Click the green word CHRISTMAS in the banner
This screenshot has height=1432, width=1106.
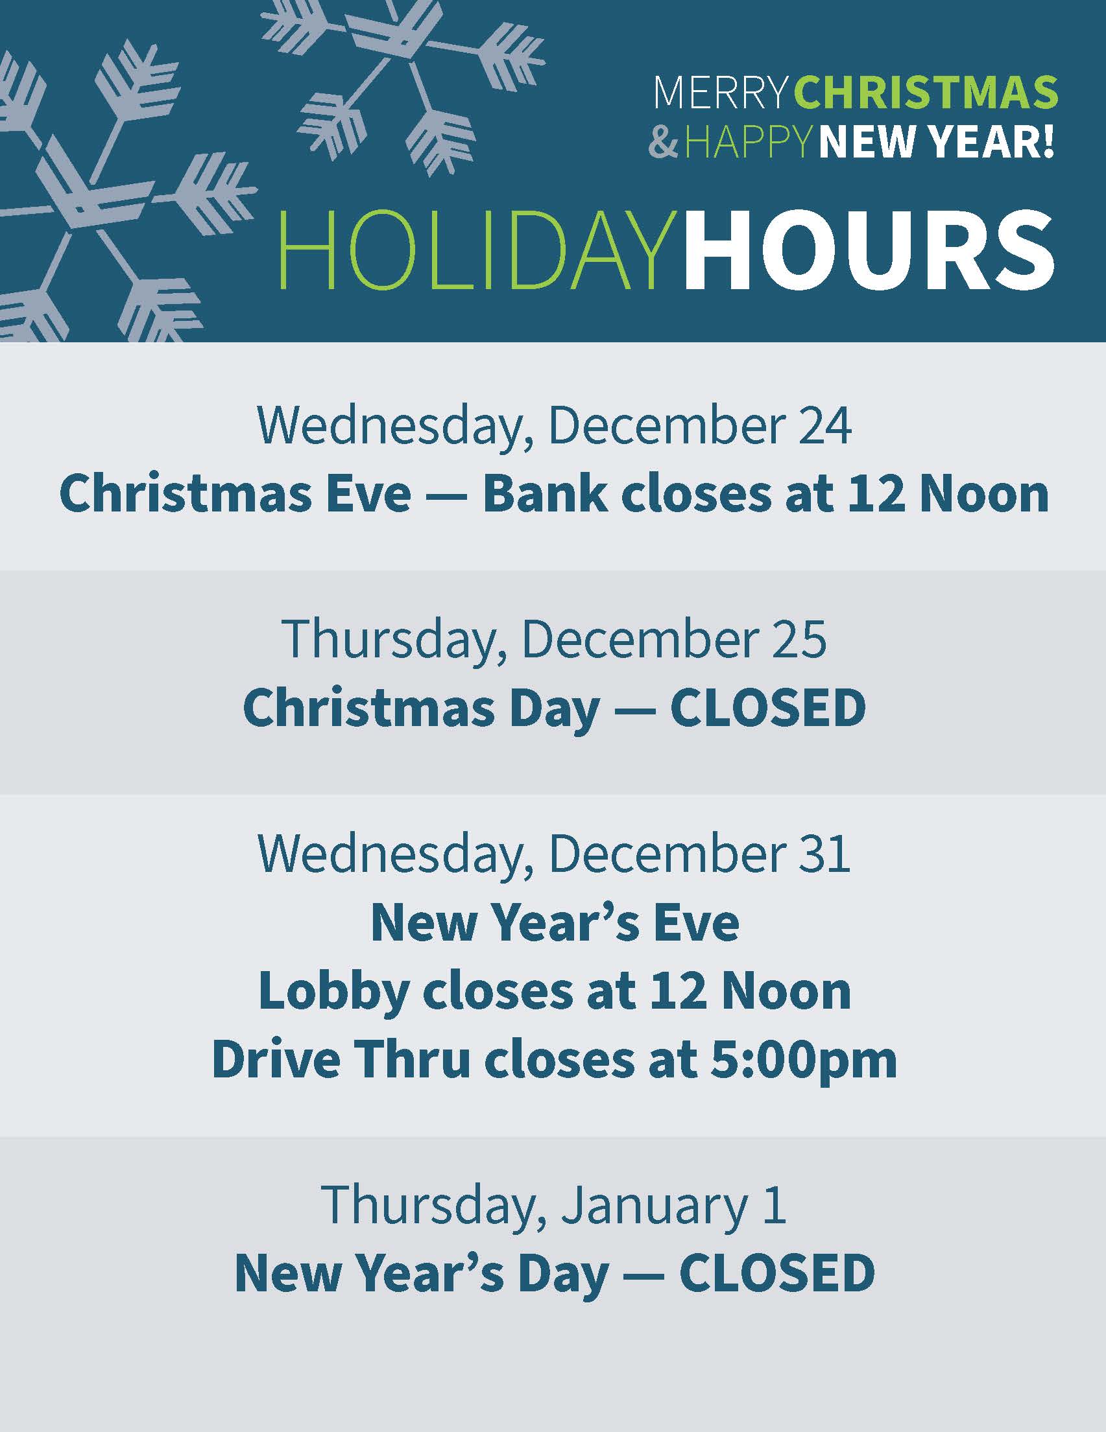[926, 93]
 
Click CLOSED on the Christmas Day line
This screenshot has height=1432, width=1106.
[767, 707]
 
